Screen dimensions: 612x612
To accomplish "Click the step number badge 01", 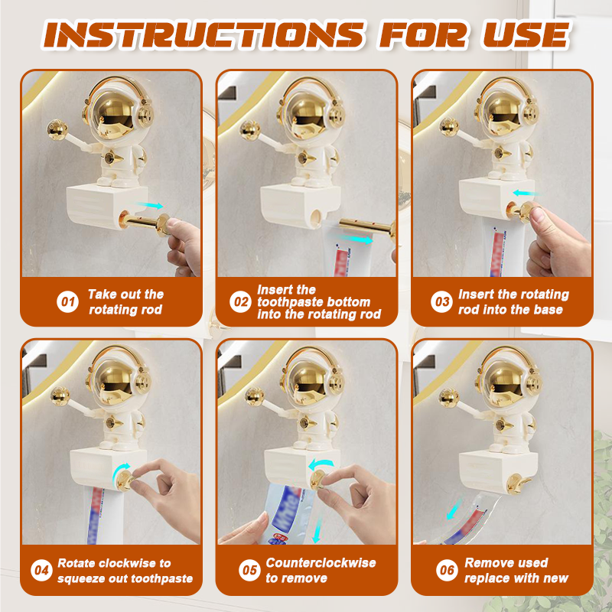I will click(x=68, y=302).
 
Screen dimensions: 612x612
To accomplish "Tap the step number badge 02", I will click(x=241, y=302).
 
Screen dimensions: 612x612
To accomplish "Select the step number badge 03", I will click(x=443, y=302).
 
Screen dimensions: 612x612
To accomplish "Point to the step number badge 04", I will click(x=41, y=570).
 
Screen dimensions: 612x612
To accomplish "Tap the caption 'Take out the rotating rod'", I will click(x=125, y=302).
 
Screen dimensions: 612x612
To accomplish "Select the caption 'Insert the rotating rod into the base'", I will click(x=513, y=302).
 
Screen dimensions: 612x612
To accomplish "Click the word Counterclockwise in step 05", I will click(x=321, y=562).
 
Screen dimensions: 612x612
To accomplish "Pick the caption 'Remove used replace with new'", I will click(x=516, y=570).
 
